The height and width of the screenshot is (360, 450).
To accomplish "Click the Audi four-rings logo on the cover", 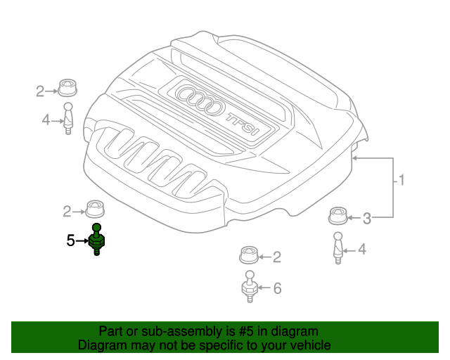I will point(200,100).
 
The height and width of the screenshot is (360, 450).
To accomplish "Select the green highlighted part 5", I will point(97,240).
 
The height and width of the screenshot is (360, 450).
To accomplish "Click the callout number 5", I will point(70,240).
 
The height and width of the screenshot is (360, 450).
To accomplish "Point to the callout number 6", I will point(277,288).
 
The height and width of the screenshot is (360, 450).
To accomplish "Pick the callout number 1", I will point(401,181).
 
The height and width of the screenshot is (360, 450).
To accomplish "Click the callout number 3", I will point(366,219).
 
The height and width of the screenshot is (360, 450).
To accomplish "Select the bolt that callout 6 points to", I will point(250,287).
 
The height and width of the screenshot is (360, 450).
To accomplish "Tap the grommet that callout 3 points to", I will point(338,215).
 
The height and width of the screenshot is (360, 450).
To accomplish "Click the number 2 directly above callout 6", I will point(277,257).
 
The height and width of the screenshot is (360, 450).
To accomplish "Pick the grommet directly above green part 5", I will point(94,209).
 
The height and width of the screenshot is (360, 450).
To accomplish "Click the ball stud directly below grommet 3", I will point(338,247).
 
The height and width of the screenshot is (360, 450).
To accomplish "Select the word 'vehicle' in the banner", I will point(309,345).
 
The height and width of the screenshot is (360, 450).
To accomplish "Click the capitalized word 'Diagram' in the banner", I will point(103,345).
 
